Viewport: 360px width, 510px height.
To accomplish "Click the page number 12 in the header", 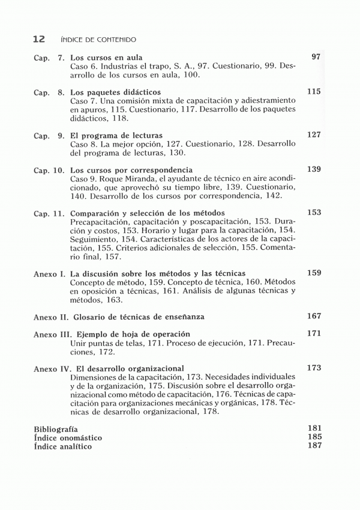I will tap(38, 39).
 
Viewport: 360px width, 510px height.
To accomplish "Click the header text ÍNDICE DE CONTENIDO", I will tap(98, 40).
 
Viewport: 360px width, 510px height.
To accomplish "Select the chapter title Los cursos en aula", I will tap(106, 58).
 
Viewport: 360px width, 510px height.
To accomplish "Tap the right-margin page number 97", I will tap(317, 56).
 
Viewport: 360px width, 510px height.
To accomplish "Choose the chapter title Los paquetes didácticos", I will tap(116, 93).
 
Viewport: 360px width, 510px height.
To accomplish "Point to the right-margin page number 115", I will tap(314, 92).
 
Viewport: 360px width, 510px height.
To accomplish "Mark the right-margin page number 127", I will tap(314, 135).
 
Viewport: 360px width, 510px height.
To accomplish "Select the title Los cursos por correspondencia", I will tap(131, 170).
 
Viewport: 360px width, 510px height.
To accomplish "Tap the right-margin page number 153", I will tap(314, 213).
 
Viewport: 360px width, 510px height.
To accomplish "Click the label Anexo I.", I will tap(49, 273).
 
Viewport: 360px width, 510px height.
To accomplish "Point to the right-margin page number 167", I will tap(314, 316).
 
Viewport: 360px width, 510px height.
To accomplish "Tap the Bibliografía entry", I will tap(56, 430).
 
